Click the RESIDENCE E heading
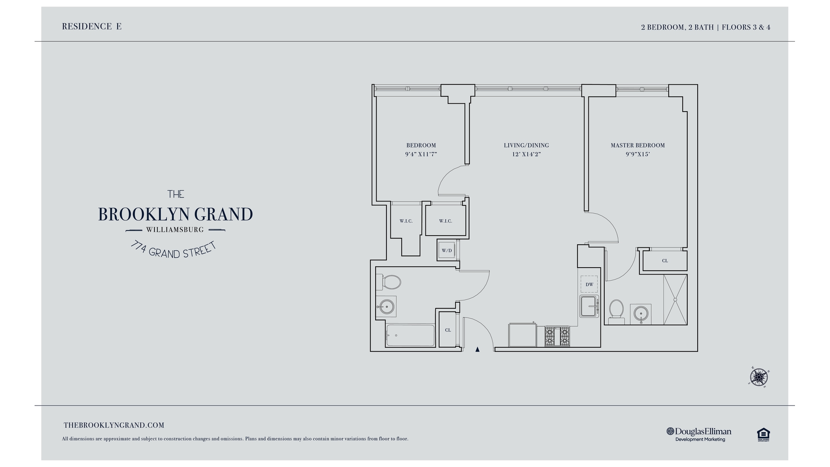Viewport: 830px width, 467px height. [x=92, y=26]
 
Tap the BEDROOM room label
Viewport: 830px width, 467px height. [x=421, y=145]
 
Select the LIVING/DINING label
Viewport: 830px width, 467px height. [x=526, y=145]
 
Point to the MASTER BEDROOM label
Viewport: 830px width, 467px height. [x=638, y=145]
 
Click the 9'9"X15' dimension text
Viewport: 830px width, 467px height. [x=638, y=154]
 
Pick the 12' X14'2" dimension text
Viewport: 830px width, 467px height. [x=526, y=154]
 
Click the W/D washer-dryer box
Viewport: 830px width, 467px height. [x=447, y=250]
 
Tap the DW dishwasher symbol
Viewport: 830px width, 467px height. [x=589, y=284]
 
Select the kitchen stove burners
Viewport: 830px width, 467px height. [x=557, y=336]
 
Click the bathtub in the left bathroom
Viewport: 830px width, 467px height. [x=410, y=335]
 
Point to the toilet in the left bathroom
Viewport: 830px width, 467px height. [x=391, y=282]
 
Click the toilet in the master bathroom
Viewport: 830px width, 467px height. [x=616, y=310]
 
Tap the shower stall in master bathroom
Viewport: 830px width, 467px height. [x=675, y=299]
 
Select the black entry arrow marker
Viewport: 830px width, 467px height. [x=477, y=349]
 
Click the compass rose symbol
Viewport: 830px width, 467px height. [x=759, y=377]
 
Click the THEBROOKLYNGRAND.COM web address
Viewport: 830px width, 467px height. [x=114, y=425]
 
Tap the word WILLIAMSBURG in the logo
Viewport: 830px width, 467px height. [x=175, y=230]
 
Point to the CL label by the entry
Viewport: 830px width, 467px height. [x=448, y=330]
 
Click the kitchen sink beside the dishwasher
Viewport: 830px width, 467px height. [x=589, y=307]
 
